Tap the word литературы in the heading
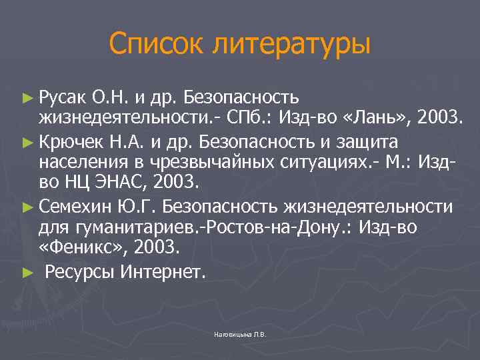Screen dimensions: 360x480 click(x=289, y=45)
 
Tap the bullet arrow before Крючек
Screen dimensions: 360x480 click(x=27, y=142)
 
